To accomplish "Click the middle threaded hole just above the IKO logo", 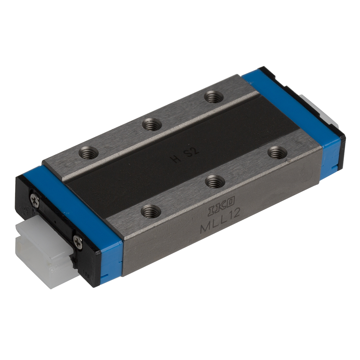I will point(215,182).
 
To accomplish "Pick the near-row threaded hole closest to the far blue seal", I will point(277,153).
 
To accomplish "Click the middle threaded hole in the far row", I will point(152,125).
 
